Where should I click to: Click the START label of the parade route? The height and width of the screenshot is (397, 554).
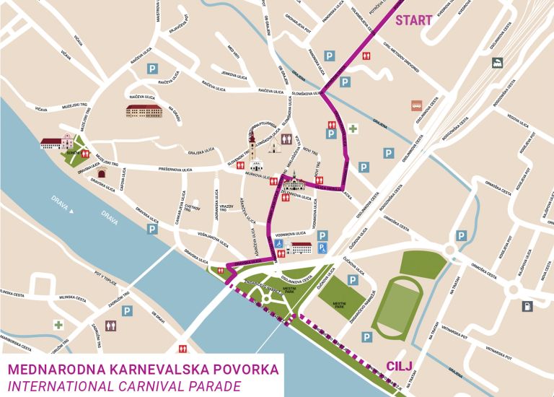pos(413,20)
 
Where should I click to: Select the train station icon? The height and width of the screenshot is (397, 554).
pos(498,63)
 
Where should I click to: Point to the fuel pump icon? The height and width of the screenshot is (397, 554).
pos(527,306)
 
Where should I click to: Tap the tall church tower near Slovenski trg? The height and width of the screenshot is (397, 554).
pos(252,149)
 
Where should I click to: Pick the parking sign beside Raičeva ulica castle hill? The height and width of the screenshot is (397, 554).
pos(152,69)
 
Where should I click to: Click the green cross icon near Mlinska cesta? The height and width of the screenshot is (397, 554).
pos(58,325)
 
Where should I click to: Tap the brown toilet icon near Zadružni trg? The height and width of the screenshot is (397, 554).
pos(111,326)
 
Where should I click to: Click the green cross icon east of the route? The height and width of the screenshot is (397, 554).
pos(353,129)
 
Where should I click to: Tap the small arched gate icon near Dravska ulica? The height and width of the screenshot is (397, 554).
pos(103,174)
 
